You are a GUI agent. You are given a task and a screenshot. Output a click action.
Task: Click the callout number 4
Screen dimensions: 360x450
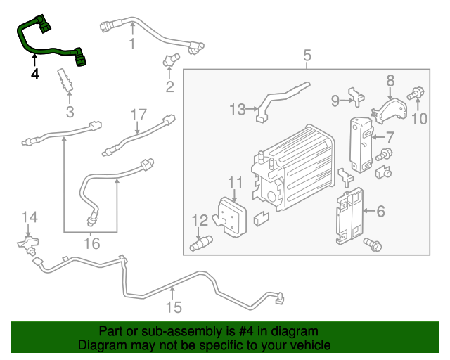pos(34,72)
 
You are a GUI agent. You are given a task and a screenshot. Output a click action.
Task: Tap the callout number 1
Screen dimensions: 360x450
pos(131,45)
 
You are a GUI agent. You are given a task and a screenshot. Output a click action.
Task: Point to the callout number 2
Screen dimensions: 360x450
pos(169,87)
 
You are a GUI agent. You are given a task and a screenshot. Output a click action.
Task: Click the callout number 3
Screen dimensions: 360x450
pos(70,112)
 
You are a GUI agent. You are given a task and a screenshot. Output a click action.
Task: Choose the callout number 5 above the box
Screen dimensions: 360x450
pos(307,55)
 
